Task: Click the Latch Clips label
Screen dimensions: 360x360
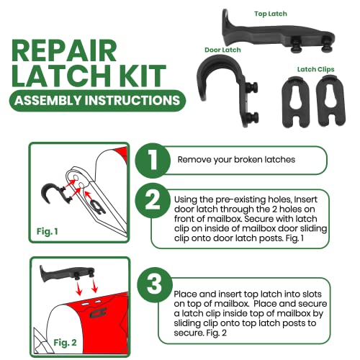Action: click(314, 69)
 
